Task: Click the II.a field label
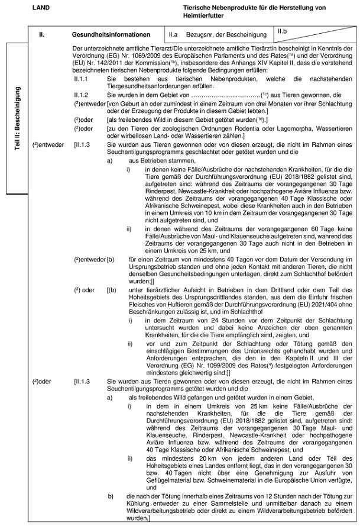173,36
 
